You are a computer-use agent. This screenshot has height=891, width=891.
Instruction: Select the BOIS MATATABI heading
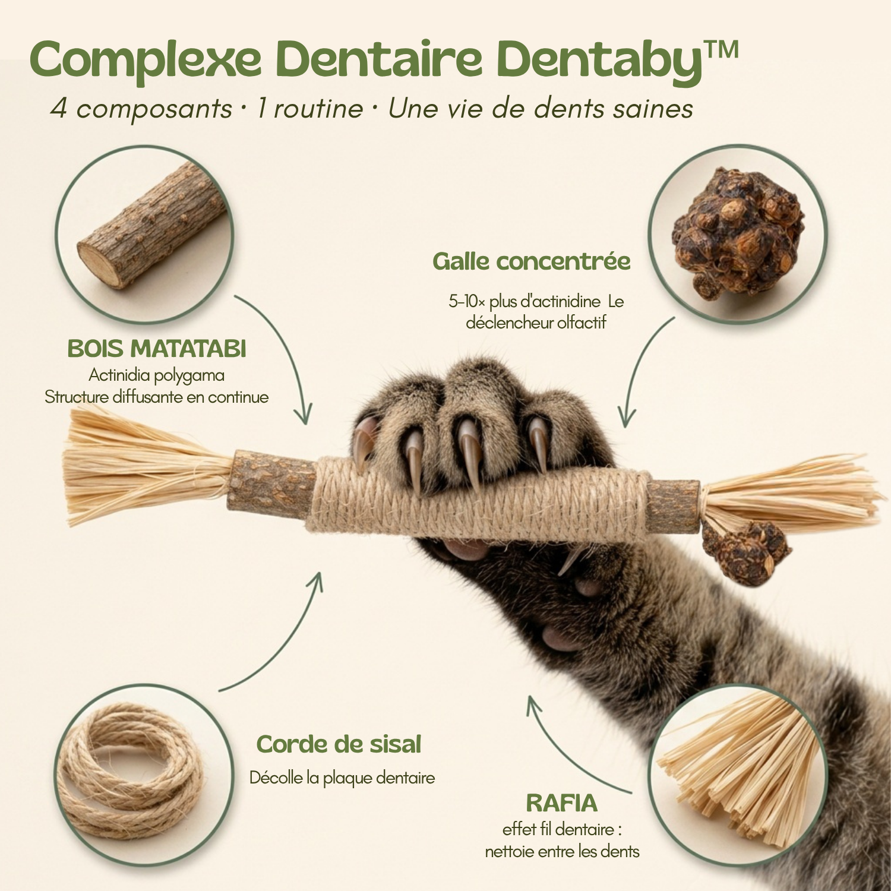pyautogui.click(x=157, y=349)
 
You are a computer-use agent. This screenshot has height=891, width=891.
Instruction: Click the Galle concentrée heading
pyautogui.click(x=531, y=261)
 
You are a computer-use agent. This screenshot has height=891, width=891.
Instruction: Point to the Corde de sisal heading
pyautogui.click(x=339, y=744)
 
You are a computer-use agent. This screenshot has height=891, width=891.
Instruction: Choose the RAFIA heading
pyautogui.click(x=561, y=803)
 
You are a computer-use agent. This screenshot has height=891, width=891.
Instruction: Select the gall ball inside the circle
pyautogui.click(x=738, y=233)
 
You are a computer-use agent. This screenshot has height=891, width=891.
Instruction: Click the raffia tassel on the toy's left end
pyautogui.click(x=146, y=466)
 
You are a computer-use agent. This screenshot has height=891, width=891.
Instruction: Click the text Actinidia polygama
pyautogui.click(x=157, y=375)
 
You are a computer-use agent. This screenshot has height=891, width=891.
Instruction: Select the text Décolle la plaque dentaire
pyautogui.click(x=342, y=778)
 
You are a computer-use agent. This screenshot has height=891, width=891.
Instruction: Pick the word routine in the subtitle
pyautogui.click(x=318, y=109)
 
